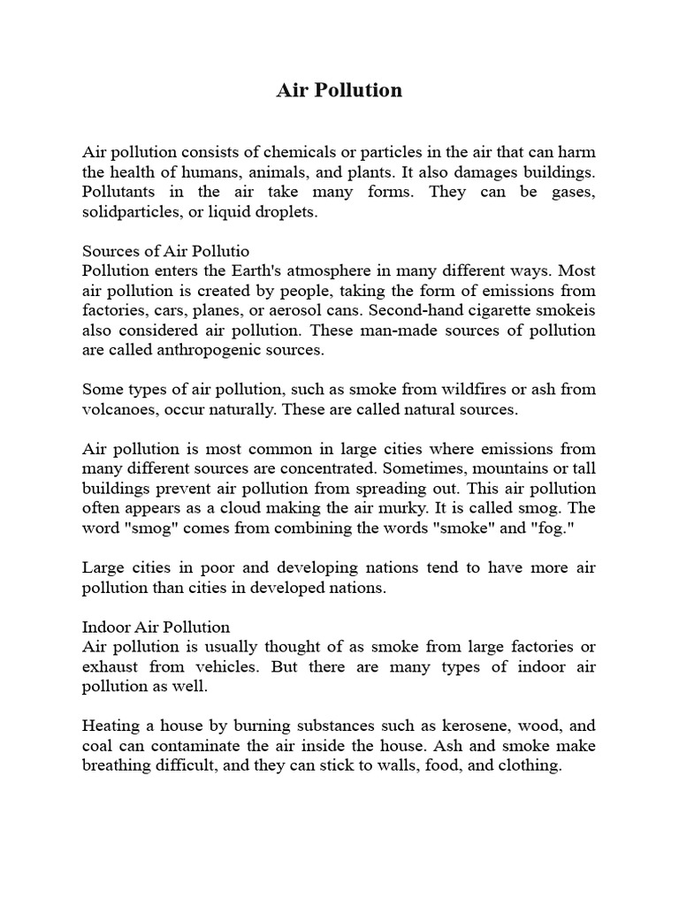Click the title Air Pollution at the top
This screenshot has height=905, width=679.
pos(339,90)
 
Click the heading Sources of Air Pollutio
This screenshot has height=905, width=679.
pos(172,251)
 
